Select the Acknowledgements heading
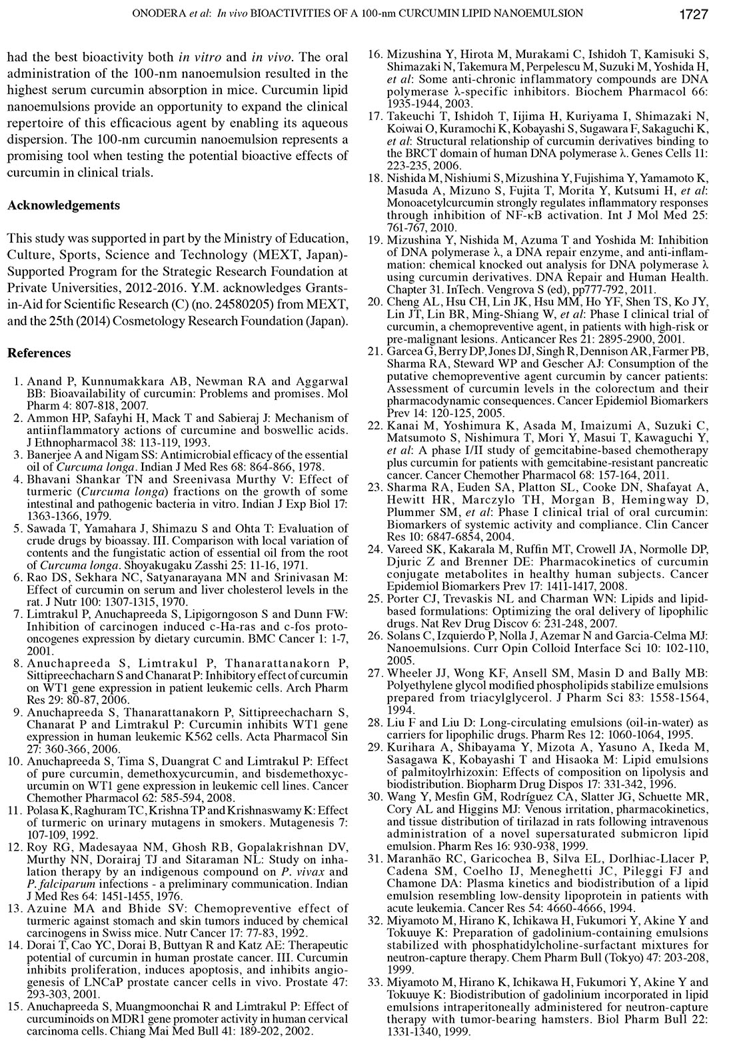click(64, 205)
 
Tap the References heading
click(39, 353)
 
